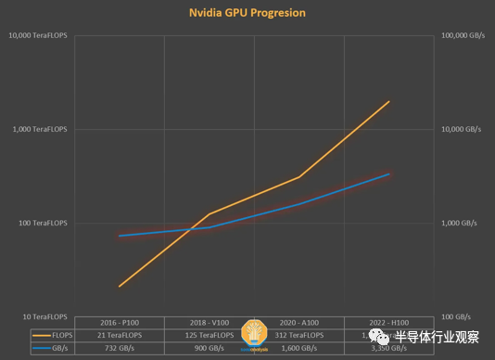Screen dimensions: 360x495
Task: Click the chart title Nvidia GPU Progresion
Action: pyautogui.click(x=247, y=13)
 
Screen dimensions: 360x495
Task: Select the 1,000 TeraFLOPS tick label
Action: pyautogui.click(x=40, y=130)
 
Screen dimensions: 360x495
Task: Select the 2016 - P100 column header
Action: pyautogui.click(x=119, y=321)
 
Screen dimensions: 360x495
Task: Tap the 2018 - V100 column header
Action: pyautogui.click(x=209, y=321)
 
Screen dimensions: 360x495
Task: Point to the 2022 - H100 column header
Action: pyautogui.click(x=388, y=321)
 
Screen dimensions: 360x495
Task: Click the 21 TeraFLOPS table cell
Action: pyautogui.click(x=119, y=334)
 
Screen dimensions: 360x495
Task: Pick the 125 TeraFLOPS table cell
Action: pyautogui.click(x=209, y=334)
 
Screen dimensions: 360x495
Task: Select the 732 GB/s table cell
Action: pyautogui.click(x=119, y=348)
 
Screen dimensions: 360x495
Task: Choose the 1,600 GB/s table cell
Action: pyautogui.click(x=298, y=348)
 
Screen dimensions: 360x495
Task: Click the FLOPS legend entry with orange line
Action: pyautogui.click(x=51, y=334)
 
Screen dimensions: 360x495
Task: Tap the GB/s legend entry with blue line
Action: pyautogui.click(x=51, y=348)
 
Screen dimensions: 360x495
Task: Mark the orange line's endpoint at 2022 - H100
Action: pyautogui.click(x=388, y=101)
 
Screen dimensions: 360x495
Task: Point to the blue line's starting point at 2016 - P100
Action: pyautogui.click(x=119, y=236)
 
